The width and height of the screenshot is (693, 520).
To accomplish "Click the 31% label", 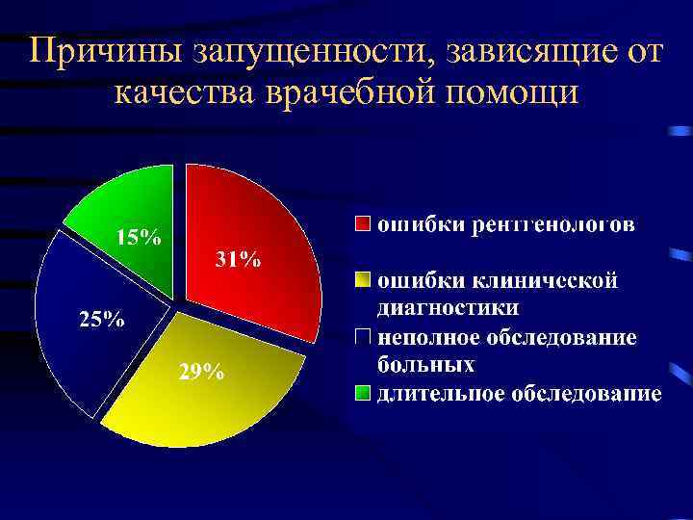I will point(237,260).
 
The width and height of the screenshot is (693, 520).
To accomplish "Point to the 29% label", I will point(201,374).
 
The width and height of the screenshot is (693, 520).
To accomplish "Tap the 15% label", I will point(139,237).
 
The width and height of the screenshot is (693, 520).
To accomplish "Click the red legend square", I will point(362,225).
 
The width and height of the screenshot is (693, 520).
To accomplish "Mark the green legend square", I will point(362,393).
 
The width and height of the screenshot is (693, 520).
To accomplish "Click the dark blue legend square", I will point(362,337).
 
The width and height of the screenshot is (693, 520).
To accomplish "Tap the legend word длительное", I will point(434,393).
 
